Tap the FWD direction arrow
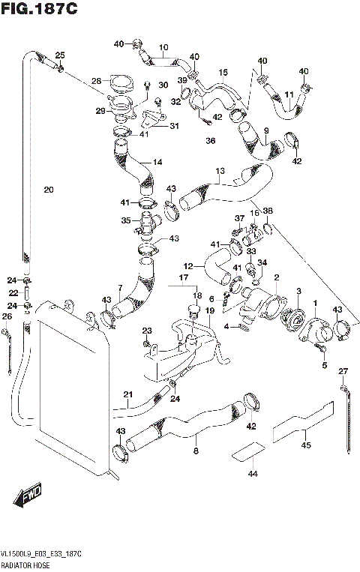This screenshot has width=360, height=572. [28, 496]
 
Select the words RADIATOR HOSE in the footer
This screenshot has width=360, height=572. [26, 563]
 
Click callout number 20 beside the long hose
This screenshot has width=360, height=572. [48, 190]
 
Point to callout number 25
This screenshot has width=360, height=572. [60, 55]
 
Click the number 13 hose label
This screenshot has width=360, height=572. [220, 171]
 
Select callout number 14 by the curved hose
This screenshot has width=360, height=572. [157, 162]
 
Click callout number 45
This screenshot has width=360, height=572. [306, 445]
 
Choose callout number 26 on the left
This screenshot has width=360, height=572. [7, 316]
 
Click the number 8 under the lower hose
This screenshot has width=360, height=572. [195, 451]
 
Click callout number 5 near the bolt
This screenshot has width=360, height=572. [325, 365]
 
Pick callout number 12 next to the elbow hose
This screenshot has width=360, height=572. [187, 265]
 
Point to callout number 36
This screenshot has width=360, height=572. [211, 140]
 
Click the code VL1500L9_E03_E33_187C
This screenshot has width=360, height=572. [42, 553]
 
